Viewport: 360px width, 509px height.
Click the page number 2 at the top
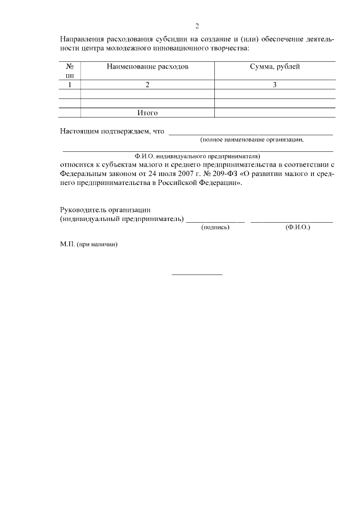point(197,26)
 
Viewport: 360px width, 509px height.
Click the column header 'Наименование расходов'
point(147,67)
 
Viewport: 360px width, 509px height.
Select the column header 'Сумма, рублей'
point(274,67)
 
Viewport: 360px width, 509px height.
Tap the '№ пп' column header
point(70,71)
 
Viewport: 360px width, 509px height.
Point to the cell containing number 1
point(70,85)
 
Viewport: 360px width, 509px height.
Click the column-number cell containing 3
point(274,85)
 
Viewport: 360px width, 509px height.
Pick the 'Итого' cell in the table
point(147,112)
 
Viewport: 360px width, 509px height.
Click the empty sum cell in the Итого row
point(274,112)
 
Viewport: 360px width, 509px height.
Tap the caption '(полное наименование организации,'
point(252,139)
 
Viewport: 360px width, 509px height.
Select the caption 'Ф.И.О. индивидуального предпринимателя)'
point(197,155)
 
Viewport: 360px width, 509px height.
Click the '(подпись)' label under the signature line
point(215,228)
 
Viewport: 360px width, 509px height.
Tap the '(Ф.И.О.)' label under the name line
point(298,228)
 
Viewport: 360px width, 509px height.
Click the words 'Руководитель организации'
point(106,209)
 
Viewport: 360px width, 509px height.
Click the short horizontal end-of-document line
point(197,274)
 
